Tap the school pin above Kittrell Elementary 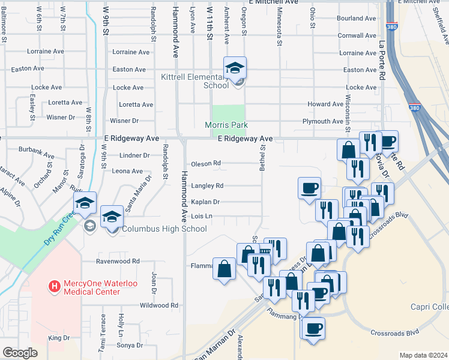click(235, 68)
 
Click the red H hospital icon click(55, 286)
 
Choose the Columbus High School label click(164, 229)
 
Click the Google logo click(20, 353)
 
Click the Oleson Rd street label click(206, 163)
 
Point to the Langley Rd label click(207, 186)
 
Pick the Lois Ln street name click(202, 216)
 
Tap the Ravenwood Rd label click(118, 262)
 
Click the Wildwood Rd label click(158, 305)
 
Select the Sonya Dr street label click(130, 345)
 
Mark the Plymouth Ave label click(323, 121)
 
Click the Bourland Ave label click(356, 19)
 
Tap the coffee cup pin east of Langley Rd click(309, 188)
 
